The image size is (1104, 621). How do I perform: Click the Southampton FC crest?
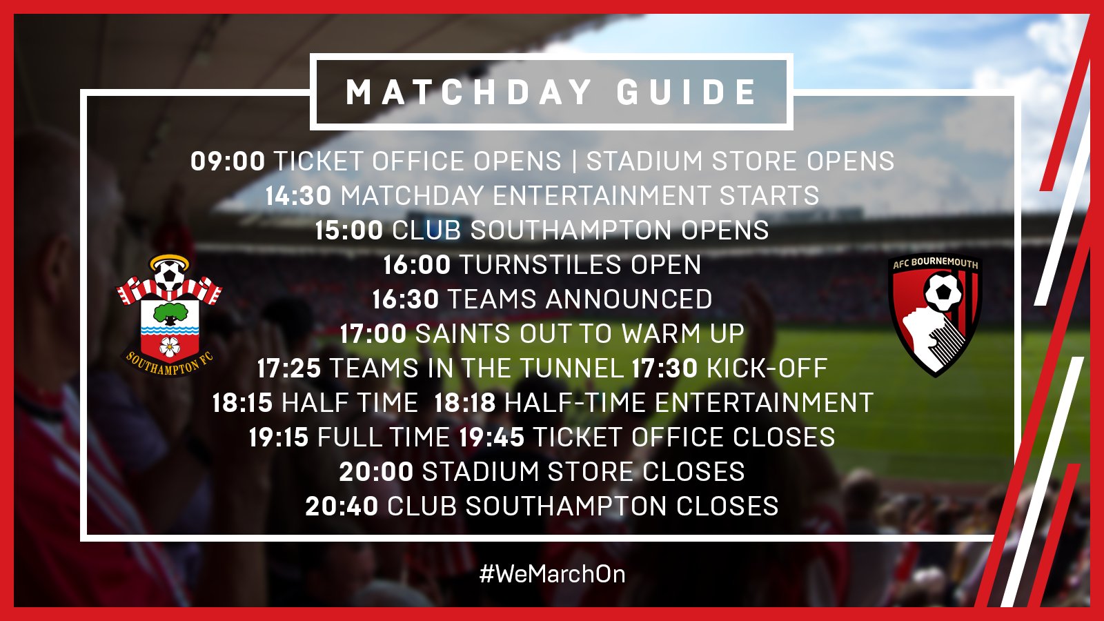tap(169, 316)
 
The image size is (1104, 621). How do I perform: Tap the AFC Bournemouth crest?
tap(935, 316)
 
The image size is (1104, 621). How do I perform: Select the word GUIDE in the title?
tap(687, 92)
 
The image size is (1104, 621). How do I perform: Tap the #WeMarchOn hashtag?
tap(552, 574)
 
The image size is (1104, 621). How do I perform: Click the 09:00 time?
tap(228, 161)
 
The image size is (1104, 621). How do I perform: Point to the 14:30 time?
tap(298, 196)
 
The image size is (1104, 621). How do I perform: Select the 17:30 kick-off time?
tap(664, 368)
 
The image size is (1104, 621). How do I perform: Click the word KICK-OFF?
tap(767, 368)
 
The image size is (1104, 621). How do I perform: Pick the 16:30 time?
tap(405, 299)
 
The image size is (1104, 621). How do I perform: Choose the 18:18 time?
tap(465, 403)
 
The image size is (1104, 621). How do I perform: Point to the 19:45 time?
tap(491, 437)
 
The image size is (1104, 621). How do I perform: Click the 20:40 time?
tap(342, 506)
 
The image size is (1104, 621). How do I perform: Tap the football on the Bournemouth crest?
tap(943, 293)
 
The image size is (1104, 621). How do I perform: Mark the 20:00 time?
tap(376, 472)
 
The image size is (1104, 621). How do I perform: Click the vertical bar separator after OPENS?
tap(573, 161)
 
